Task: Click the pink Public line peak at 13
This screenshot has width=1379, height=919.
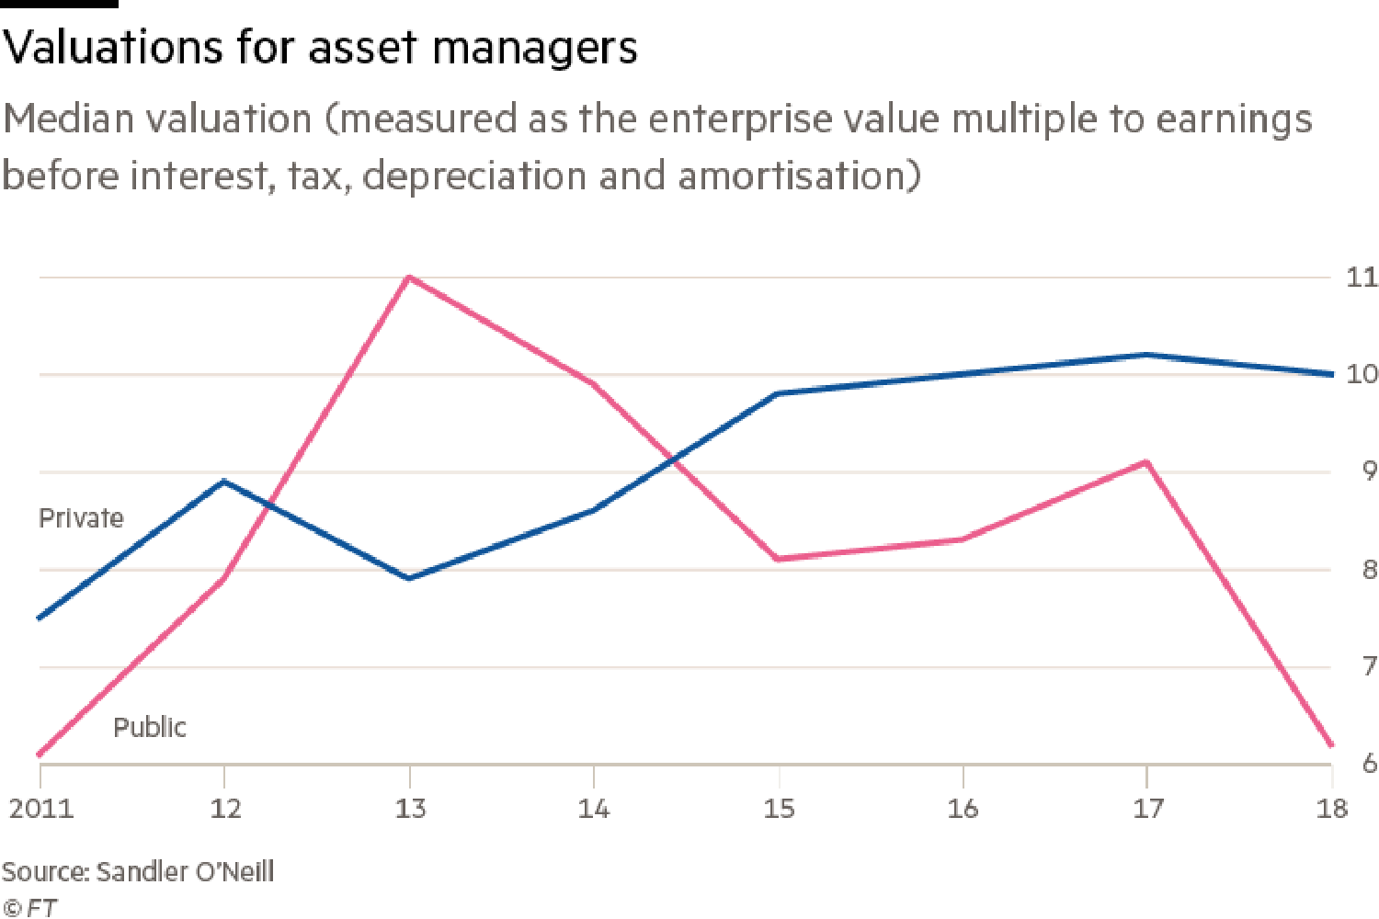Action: pos(409,277)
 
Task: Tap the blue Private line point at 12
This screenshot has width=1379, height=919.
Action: pos(224,481)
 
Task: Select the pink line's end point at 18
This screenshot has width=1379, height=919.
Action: pos(1332,745)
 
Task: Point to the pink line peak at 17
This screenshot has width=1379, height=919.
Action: pos(1146,461)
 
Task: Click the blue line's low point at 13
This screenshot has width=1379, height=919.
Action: pos(409,578)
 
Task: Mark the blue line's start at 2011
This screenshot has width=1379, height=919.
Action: pos(40,618)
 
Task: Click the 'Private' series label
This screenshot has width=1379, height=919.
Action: pos(81,518)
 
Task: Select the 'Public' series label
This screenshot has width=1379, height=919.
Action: pos(150,728)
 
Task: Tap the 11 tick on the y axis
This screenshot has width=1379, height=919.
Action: pos(1361,277)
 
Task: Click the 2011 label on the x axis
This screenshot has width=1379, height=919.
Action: pos(40,809)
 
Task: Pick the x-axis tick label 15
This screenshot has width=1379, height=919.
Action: pos(779,809)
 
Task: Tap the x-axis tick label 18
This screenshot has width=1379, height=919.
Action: pos(1331,809)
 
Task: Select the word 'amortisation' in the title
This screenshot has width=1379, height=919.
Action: pos(798,175)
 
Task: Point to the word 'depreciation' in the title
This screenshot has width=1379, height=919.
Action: pos(473,175)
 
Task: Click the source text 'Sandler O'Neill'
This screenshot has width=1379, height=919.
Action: pos(184,871)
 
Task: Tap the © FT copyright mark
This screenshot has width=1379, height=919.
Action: pos(29,907)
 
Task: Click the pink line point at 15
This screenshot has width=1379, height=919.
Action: pos(779,559)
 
